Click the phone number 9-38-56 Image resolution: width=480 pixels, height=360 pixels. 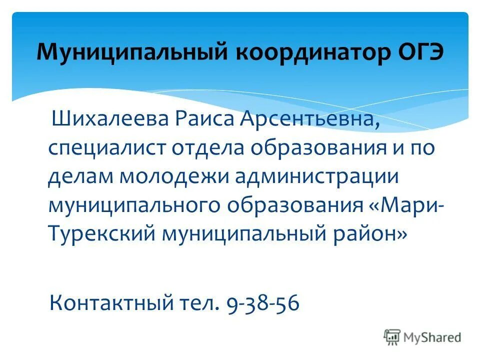[263, 302]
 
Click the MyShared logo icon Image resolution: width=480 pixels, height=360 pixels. [392, 337]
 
